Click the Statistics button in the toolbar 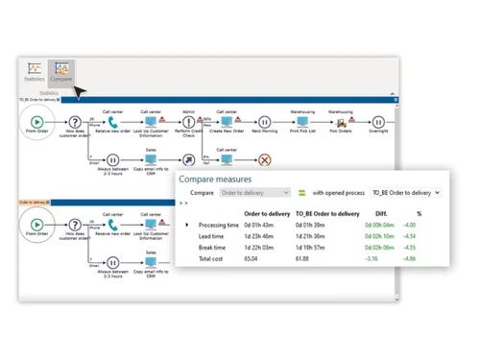tap(35, 72)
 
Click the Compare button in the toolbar tap(62, 72)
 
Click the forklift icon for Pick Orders tap(339, 122)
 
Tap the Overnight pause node tap(378, 122)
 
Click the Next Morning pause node tap(264, 122)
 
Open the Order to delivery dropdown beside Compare tap(255, 193)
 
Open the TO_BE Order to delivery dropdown tap(405, 193)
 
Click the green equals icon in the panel tap(300, 193)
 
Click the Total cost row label tap(211, 259)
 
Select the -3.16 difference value tap(372, 259)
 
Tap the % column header tap(418, 212)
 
